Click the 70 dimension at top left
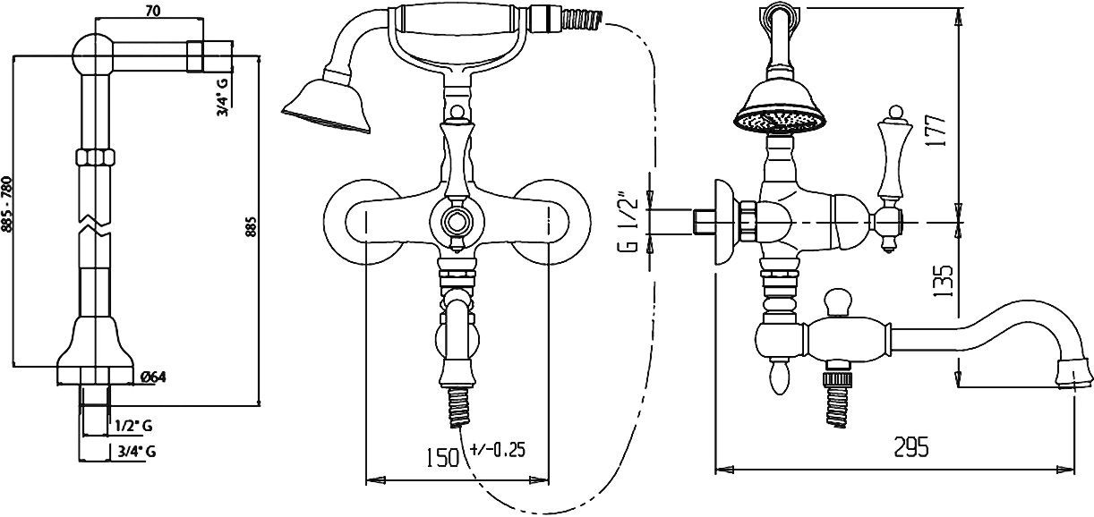point(153,12)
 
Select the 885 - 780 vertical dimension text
point(9,204)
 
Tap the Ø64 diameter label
point(153,377)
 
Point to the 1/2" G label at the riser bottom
point(133,426)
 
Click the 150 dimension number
point(443,457)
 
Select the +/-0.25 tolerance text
point(498,449)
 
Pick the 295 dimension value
point(910,447)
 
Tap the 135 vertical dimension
point(942,282)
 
